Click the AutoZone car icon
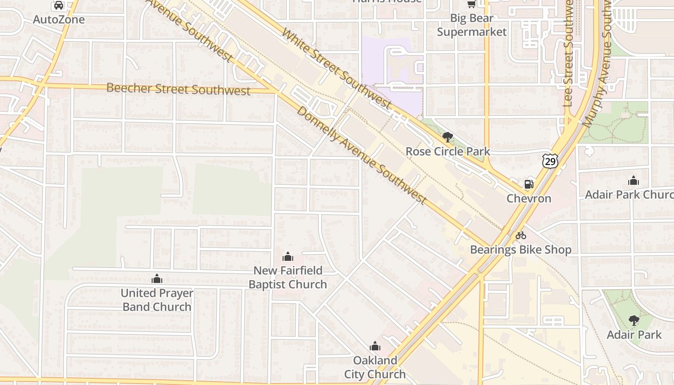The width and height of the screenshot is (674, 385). coord(59,5)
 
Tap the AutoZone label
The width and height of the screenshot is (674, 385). coord(59,20)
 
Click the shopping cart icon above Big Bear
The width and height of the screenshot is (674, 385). coord(471,4)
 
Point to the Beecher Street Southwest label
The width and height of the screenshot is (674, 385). coord(178,89)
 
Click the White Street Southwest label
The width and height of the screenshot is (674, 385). coord(336,68)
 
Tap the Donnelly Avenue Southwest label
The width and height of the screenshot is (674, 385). coord(362,154)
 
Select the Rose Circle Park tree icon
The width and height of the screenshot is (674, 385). coord(448,137)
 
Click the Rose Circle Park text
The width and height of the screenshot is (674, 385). coord(448,152)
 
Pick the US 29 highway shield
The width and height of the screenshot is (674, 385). coord(550,162)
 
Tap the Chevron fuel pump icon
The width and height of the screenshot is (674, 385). coord(529,184)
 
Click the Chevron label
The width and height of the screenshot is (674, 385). coord(529,199)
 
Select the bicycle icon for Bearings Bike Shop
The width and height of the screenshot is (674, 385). coord(521,235)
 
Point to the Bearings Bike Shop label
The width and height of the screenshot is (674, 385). coord(521,250)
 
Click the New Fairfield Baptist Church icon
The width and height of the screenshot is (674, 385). coord(288,256)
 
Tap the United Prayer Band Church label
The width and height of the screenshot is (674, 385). coord(157,300)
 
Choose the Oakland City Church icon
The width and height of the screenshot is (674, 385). coord(375,346)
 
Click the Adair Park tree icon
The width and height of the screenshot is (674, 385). coord(634,320)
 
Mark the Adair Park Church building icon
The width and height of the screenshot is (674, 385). coord(634,180)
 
